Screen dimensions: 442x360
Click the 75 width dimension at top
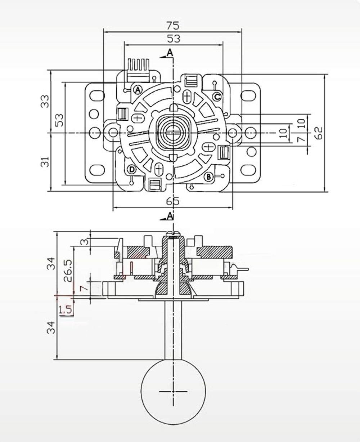[x=173, y=26]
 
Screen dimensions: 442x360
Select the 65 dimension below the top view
[x=173, y=201]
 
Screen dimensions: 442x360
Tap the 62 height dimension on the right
[x=318, y=133]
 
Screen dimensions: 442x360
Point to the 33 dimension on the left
[x=44, y=101]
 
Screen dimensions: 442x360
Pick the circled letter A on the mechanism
[x=138, y=89]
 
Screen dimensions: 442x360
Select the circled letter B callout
[x=208, y=177]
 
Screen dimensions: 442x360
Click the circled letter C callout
[x=217, y=96]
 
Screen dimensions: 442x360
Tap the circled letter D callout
[x=132, y=169]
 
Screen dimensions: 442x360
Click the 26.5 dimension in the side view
[x=68, y=271]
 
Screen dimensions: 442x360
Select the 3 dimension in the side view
[x=84, y=242]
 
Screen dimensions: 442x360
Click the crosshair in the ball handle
[x=173, y=391]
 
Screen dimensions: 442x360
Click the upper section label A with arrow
[x=169, y=53]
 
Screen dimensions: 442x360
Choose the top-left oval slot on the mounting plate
[x=97, y=95]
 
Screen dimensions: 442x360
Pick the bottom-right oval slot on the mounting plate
[x=248, y=170]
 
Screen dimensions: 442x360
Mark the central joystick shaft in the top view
[x=173, y=133]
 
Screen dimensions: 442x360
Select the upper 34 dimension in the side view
[x=51, y=263]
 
